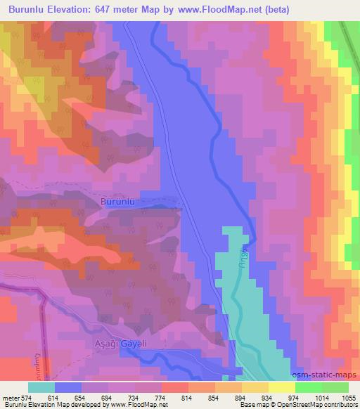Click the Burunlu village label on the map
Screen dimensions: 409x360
pyautogui.click(x=117, y=202)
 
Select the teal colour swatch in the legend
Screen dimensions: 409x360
pyautogui.click(x=41, y=387)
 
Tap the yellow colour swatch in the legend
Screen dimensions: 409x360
pyautogui.click(x=281, y=387)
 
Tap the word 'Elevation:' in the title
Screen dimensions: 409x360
pyautogui.click(x=82, y=9)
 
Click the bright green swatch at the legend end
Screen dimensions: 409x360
pyautogui.click(x=335, y=387)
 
